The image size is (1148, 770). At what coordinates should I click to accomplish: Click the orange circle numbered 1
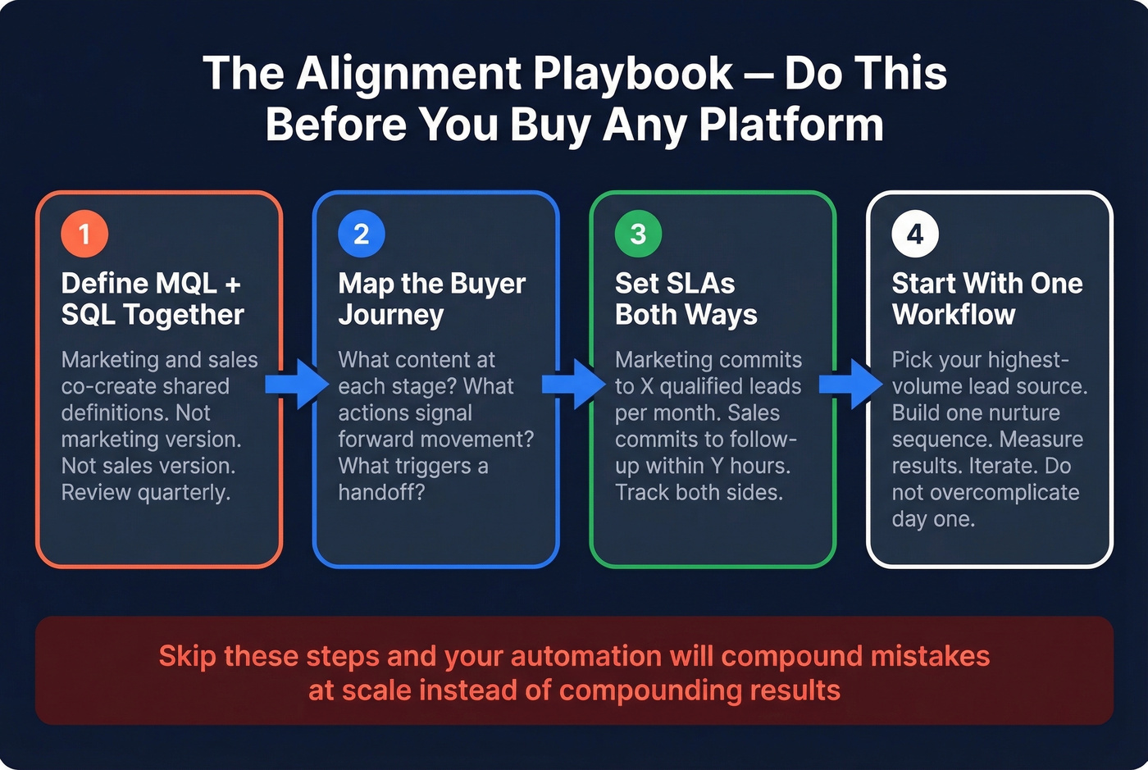84,234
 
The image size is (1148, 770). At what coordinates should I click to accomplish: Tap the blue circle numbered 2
361,234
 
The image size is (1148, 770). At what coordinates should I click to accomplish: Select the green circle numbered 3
638,234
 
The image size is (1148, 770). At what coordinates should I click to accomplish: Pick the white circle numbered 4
915,234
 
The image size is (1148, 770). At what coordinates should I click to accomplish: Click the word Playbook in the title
633,74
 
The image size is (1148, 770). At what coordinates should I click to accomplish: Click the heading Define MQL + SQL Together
153,298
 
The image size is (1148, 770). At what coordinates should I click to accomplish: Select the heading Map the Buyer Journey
431,298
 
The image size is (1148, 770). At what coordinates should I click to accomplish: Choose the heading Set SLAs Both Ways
686,298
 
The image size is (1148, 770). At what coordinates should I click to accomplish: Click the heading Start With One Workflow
986,298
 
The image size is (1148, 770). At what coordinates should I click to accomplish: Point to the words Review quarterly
146,492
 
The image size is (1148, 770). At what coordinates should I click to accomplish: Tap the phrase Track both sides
699,492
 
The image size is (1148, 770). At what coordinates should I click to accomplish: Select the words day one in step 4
933,519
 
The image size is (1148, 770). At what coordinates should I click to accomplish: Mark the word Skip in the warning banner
187,656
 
